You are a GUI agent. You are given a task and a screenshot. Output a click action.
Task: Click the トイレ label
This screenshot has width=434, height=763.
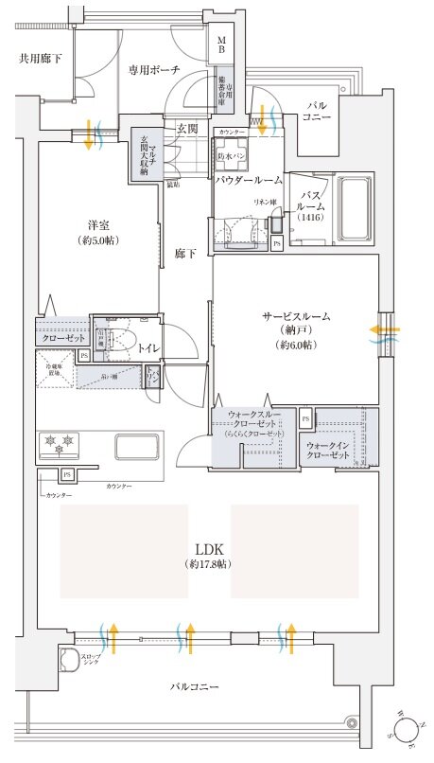click(148, 348)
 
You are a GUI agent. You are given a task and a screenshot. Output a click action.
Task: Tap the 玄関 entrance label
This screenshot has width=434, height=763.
click(185, 128)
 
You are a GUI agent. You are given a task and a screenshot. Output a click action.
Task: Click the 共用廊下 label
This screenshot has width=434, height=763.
click(41, 59)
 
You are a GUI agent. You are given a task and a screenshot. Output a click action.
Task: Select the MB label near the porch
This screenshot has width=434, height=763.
click(221, 47)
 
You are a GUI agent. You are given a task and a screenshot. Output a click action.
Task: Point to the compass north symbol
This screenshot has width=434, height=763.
click(406, 729)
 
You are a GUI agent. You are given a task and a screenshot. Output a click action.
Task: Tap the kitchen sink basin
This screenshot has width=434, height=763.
click(138, 445)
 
